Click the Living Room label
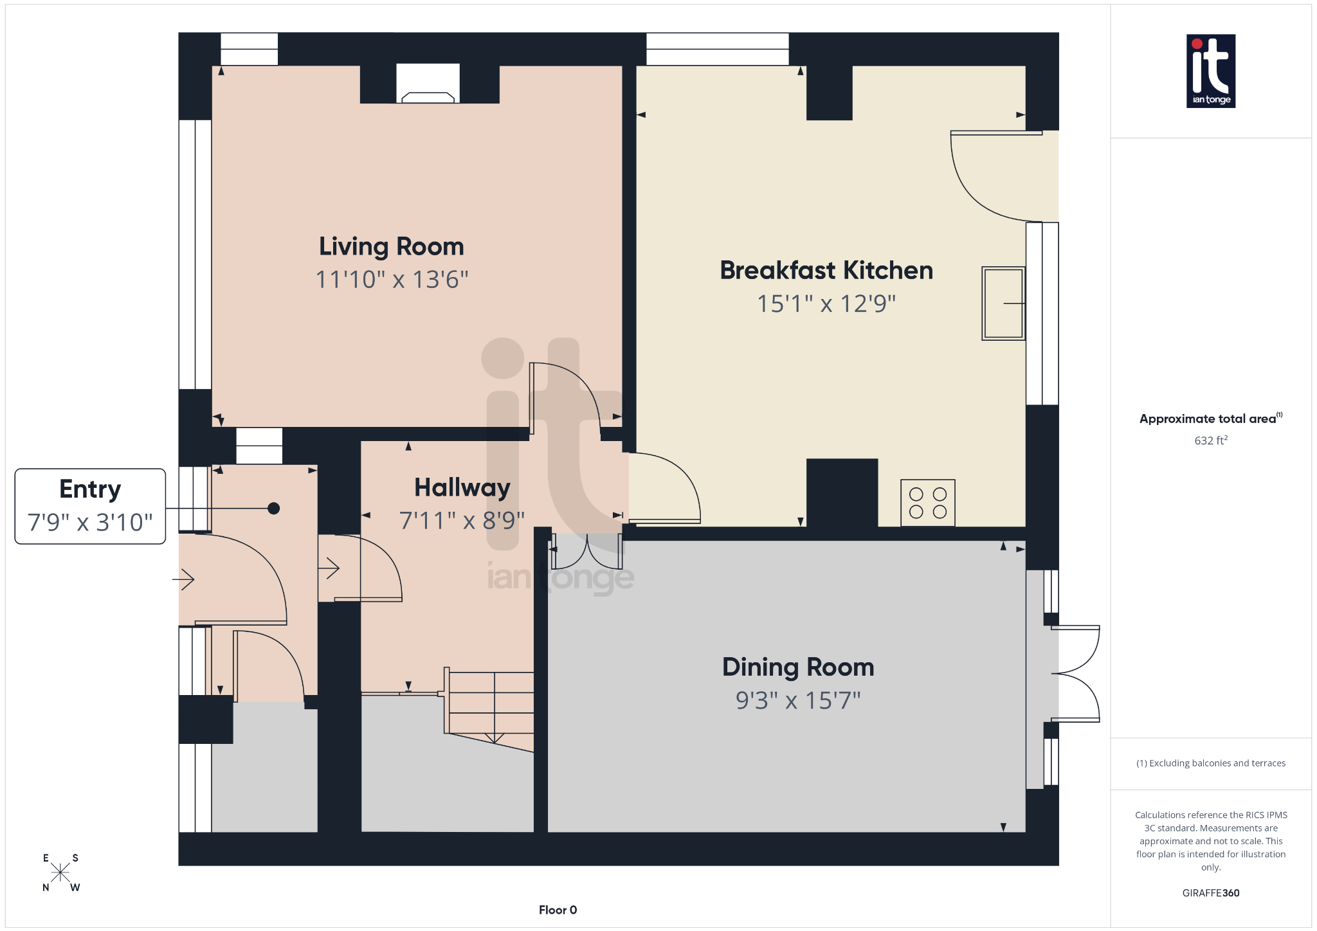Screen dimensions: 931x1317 [391, 247]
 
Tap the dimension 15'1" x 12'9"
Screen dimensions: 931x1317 [826, 303]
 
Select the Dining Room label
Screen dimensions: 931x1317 [797, 667]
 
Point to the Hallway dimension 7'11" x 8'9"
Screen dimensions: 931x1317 [462, 521]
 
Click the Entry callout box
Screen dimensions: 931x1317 [90, 506]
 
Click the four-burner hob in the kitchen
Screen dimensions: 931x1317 [927, 503]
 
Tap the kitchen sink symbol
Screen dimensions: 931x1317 [1003, 303]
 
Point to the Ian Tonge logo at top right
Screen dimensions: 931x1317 [1210, 71]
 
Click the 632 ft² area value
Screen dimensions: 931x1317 [1210, 440]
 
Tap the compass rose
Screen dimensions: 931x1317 [60, 872]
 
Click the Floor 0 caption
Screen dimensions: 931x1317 [558, 910]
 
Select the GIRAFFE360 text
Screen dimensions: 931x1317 [1210, 893]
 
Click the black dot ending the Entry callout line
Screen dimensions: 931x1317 [273, 509]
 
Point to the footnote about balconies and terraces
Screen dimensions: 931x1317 [1210, 763]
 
